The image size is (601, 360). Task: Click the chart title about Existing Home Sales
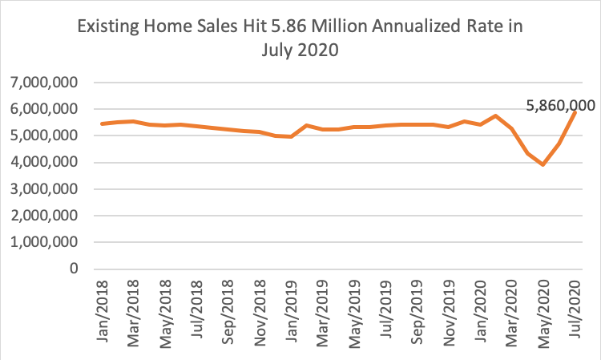coord(300,38)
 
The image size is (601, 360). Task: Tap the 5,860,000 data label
coord(563,105)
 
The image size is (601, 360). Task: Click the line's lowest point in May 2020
coord(543,164)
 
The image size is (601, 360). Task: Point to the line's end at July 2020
coord(575,112)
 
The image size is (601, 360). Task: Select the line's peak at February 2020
coord(496,115)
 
